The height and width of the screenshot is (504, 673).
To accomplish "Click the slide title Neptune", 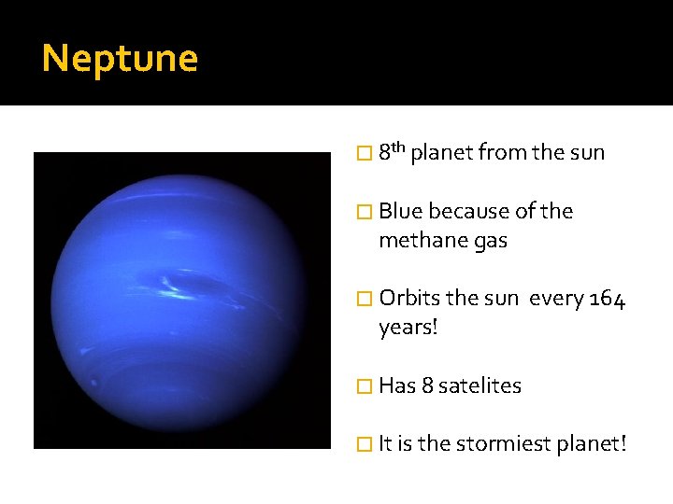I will pyautogui.click(x=120, y=59).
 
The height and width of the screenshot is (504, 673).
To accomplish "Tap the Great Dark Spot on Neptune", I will pyautogui.click(x=194, y=283).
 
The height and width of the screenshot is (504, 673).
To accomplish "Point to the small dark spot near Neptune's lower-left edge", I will pyautogui.click(x=93, y=381).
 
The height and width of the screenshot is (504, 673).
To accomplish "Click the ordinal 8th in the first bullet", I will pyautogui.click(x=392, y=151).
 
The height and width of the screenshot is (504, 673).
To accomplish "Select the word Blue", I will pyautogui.click(x=401, y=212).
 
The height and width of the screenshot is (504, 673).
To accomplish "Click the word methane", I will pyautogui.click(x=419, y=241).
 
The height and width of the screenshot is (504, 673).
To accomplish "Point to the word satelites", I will pyautogui.click(x=480, y=386).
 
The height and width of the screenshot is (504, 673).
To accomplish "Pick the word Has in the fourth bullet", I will pyautogui.click(x=396, y=386).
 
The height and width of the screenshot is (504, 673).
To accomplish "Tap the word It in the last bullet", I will pyautogui.click(x=385, y=445).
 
